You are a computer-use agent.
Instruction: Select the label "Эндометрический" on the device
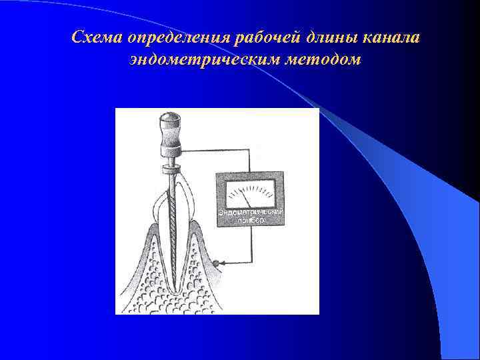pos(251,211)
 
